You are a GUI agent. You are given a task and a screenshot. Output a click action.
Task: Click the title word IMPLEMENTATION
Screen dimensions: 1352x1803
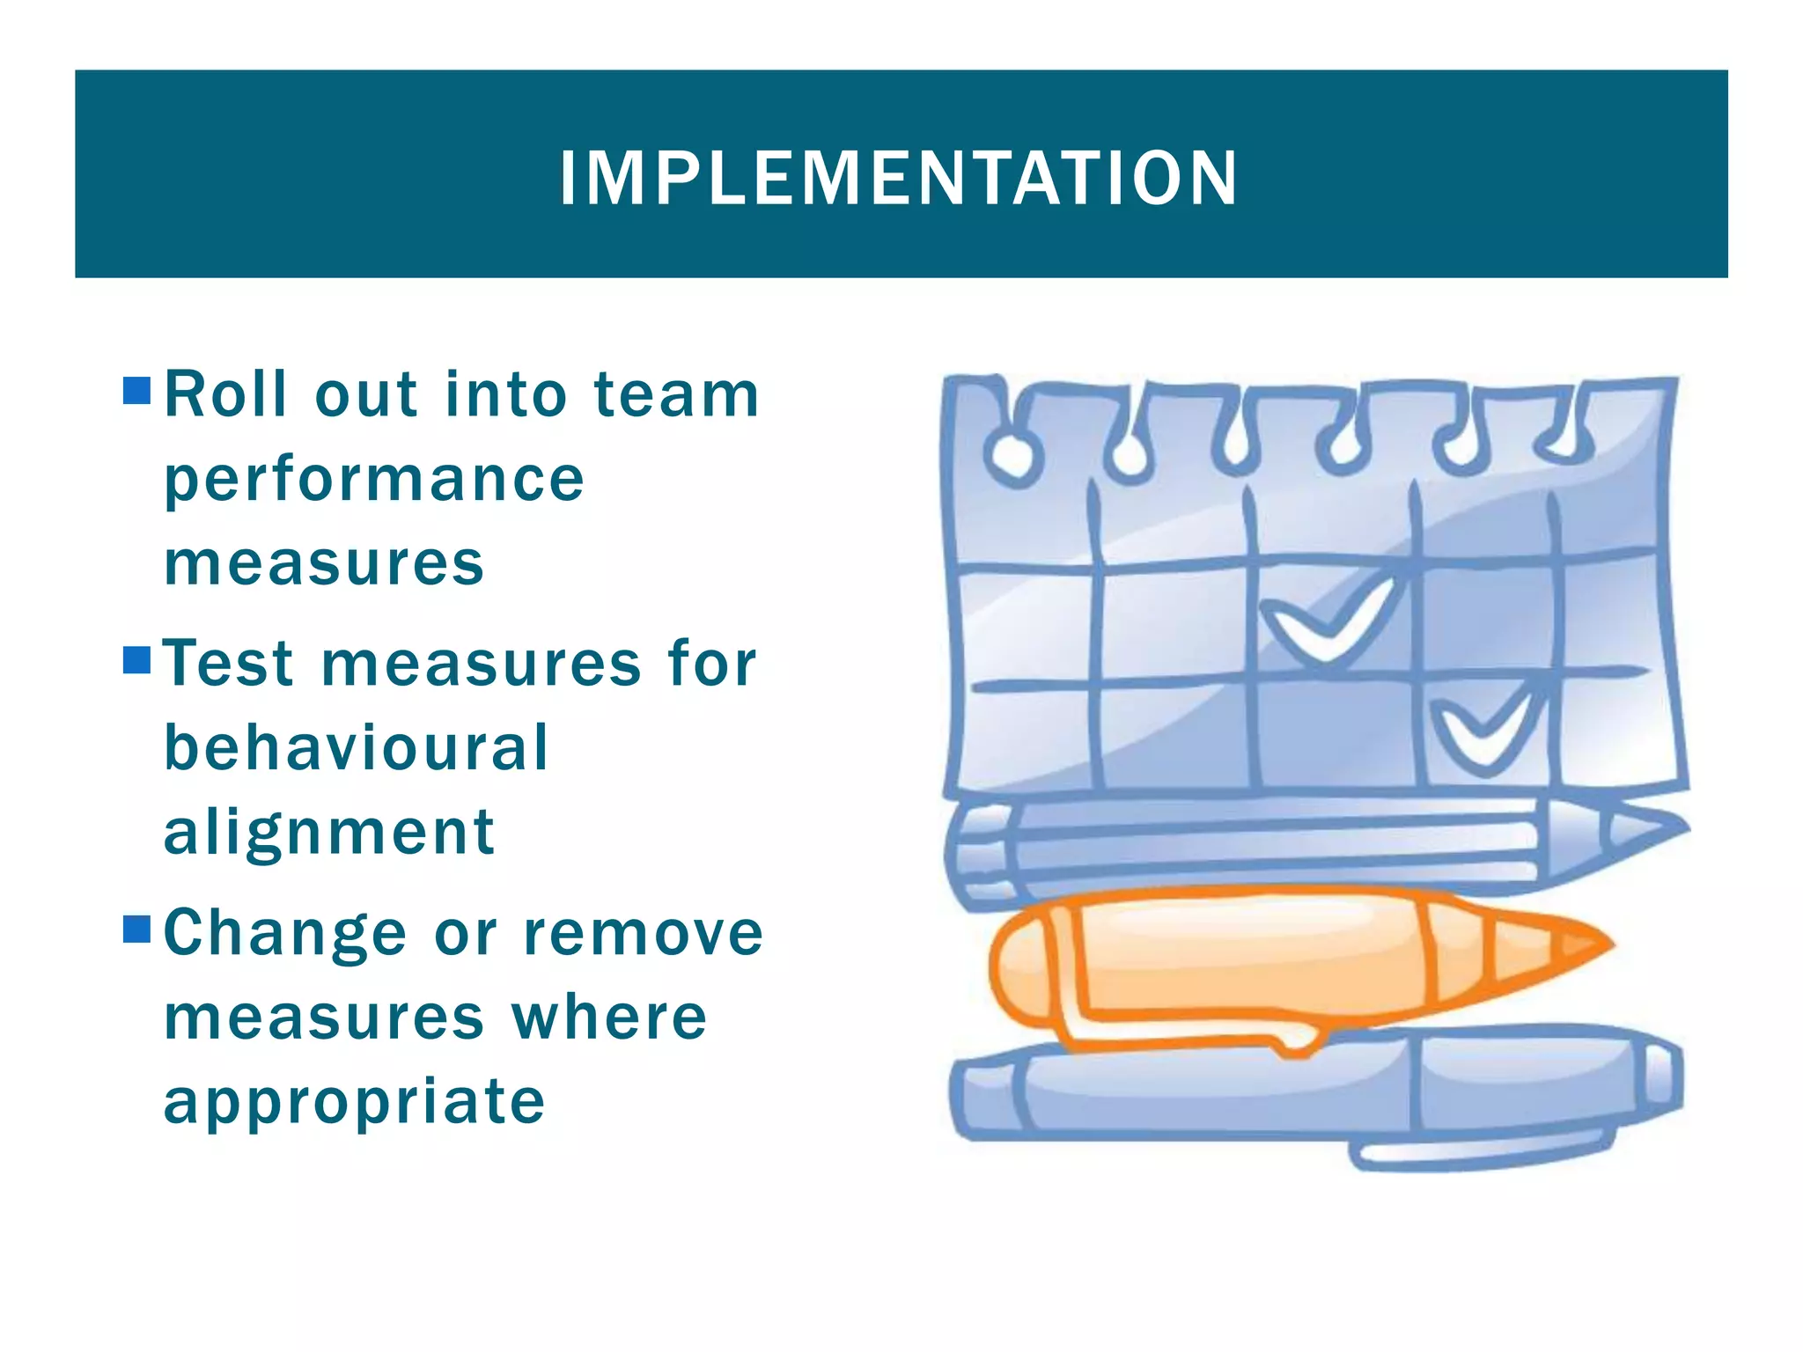[899, 179]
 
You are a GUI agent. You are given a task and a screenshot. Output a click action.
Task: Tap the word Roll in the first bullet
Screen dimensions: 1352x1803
[226, 394]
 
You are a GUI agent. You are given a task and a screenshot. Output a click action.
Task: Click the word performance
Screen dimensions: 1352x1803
[374, 481]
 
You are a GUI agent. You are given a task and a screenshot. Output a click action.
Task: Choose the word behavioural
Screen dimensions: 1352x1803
[357, 748]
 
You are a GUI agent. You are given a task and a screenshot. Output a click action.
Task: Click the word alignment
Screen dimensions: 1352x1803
[329, 833]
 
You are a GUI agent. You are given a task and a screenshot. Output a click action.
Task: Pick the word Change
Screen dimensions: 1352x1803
[285, 933]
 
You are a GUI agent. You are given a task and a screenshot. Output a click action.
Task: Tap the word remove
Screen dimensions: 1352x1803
[643, 933]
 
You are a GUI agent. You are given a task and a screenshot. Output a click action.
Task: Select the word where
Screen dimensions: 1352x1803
[609, 1018]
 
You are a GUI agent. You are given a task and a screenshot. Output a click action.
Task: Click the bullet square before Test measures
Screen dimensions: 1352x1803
[137, 659]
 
